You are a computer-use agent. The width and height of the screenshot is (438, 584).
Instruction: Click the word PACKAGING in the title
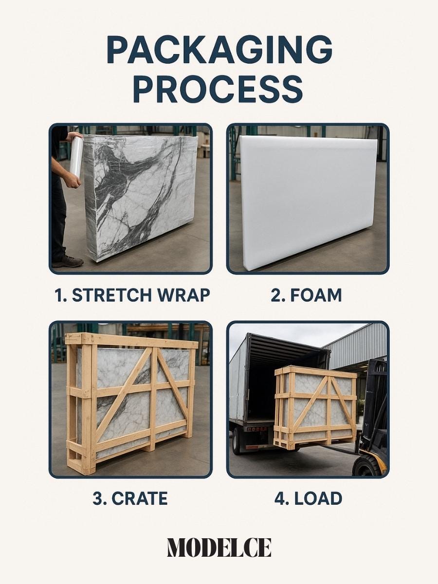tap(219, 50)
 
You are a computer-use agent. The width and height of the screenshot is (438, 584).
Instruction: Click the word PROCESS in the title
tap(218, 89)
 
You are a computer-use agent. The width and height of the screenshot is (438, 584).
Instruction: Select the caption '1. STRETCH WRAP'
tap(132, 295)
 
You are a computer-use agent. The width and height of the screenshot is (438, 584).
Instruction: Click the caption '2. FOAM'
tap(307, 295)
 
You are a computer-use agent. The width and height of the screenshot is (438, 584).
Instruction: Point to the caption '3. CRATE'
tap(130, 498)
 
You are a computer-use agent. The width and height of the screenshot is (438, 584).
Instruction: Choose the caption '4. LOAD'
tap(308, 498)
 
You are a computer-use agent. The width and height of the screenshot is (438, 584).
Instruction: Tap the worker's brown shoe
tap(68, 261)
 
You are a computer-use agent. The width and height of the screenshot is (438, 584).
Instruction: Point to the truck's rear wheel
tap(237, 440)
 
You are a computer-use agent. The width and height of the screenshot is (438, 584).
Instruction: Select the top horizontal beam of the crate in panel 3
tap(132, 340)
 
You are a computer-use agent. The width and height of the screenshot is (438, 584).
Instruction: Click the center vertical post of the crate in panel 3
tap(154, 399)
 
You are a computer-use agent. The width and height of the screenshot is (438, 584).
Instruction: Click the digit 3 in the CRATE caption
tap(97, 498)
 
